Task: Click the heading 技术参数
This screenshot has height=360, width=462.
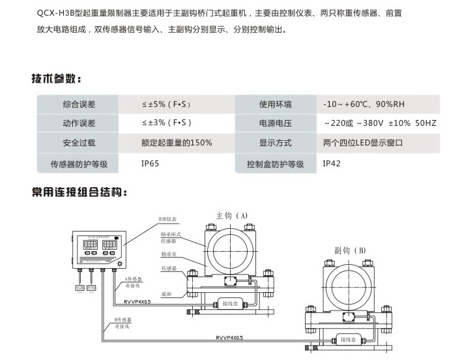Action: pyautogui.click(x=56, y=80)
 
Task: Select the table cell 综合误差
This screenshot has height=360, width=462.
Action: pyautogui.click(x=79, y=104)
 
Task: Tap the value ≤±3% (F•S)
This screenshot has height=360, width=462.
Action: pyautogui.click(x=166, y=123)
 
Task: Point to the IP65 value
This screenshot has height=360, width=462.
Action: pyautogui.click(x=150, y=163)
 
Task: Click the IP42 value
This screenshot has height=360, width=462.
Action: pyautogui.click(x=332, y=163)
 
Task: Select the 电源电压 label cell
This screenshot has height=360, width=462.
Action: pyautogui.click(x=275, y=123)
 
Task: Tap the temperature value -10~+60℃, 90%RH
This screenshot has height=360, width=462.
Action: pyautogui.click(x=364, y=104)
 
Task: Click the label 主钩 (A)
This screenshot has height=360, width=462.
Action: pyautogui.click(x=231, y=215)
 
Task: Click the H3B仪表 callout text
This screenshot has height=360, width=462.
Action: pyautogui.click(x=168, y=220)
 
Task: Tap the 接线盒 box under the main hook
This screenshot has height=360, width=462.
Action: pyautogui.click(x=233, y=303)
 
